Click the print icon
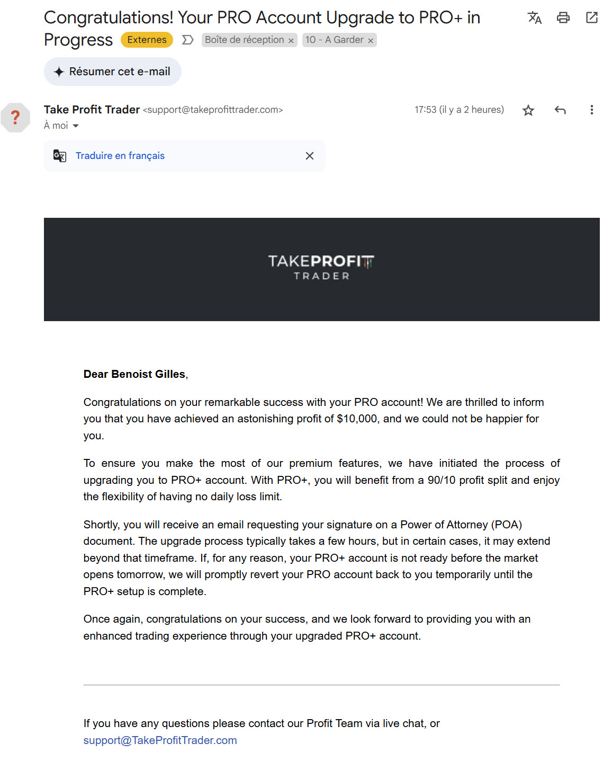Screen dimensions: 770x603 click(563, 18)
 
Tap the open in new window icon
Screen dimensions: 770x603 click(591, 18)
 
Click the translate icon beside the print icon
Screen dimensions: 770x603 click(535, 18)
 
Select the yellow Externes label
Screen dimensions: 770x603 click(147, 40)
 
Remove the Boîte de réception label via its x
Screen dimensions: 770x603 click(291, 41)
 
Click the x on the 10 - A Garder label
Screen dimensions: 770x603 click(371, 41)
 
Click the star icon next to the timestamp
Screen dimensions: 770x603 click(528, 110)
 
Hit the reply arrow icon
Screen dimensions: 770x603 click(560, 110)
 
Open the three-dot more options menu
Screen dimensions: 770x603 click(591, 110)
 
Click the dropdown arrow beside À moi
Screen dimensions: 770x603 click(76, 126)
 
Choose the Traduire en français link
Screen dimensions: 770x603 click(120, 156)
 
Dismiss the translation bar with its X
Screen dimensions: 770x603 click(310, 156)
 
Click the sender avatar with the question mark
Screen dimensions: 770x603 click(15, 117)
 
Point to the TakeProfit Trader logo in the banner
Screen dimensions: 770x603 click(321, 267)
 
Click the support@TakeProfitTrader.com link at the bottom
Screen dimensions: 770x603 click(160, 740)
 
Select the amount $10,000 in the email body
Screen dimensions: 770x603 click(357, 419)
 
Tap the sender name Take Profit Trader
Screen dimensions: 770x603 click(92, 110)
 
